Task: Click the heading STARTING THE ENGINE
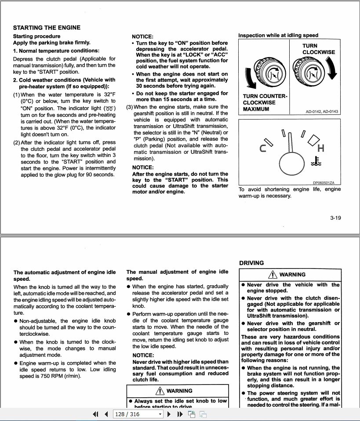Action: pyautogui.click(x=47, y=27)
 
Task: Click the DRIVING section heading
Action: pyautogui.click(x=251, y=263)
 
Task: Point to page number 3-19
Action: pyautogui.click(x=335, y=218)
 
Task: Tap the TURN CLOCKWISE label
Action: pyautogui.click(x=318, y=49)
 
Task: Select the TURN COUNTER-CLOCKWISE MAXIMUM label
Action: pyautogui.click(x=265, y=102)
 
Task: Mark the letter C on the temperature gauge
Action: pyautogui.click(x=263, y=149)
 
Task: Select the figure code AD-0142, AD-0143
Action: pyautogui.click(x=322, y=112)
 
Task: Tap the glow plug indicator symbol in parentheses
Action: pyautogui.click(x=109, y=109)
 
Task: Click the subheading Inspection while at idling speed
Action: pyautogui.click(x=278, y=35)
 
